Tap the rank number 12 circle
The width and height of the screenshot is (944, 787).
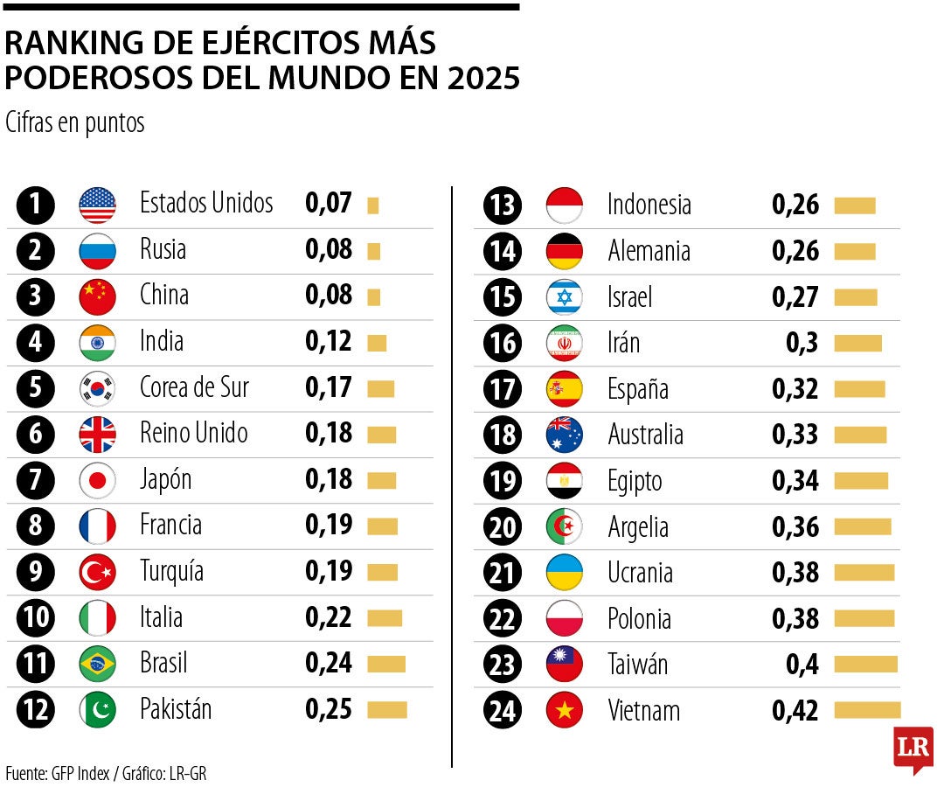tap(36, 709)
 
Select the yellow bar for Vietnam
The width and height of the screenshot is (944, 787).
tap(866, 709)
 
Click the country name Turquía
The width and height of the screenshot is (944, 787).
tap(171, 572)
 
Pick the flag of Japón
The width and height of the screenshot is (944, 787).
tap(97, 480)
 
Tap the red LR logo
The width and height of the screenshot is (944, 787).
tap(913, 749)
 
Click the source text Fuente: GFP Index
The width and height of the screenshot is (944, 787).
tap(58, 773)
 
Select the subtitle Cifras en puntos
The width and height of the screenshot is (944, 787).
tap(74, 123)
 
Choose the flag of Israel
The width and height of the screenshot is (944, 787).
tap(564, 297)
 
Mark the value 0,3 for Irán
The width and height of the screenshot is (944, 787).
tap(802, 343)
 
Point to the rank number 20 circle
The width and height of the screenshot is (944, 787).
tap(503, 527)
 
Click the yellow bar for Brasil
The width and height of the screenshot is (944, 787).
tap(386, 664)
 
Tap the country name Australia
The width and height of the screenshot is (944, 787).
tap(645, 435)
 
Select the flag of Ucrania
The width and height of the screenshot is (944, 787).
tap(564, 573)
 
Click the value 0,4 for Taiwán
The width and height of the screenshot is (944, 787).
tap(802, 665)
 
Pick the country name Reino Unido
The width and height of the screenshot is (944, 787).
tap(193, 434)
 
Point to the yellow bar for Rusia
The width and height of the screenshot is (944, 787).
tap(373, 251)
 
